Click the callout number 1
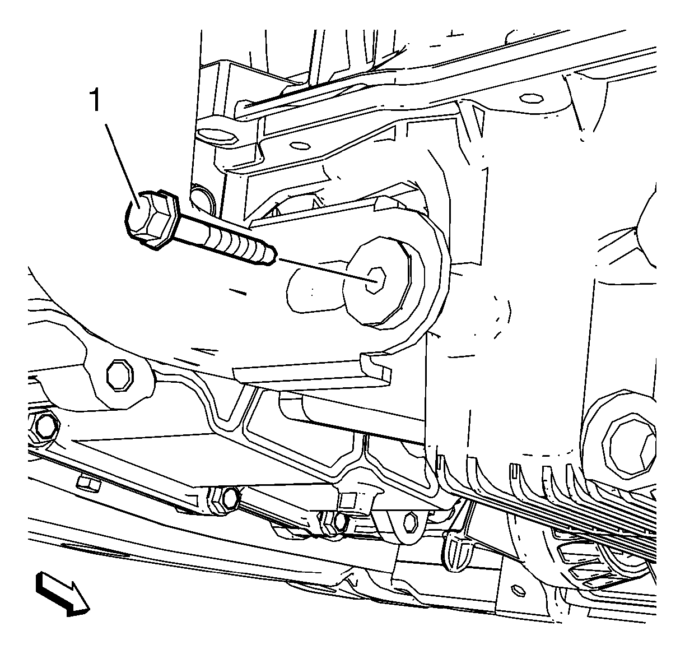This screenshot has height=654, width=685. pyautogui.click(x=95, y=100)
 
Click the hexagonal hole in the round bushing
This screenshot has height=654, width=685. pyautogui.click(x=375, y=280)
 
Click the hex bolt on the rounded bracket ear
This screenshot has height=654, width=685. pyautogui.click(x=120, y=375)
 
